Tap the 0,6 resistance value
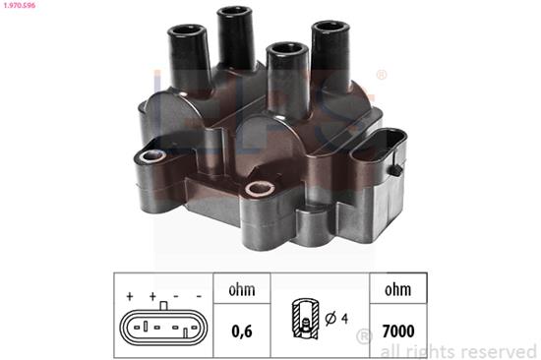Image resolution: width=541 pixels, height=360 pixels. (242, 331)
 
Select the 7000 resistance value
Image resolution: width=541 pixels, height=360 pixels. (398, 331)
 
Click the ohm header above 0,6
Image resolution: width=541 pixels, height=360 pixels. (242, 289)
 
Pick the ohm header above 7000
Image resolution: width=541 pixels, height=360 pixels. (397, 289)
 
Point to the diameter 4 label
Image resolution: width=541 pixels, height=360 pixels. (336, 319)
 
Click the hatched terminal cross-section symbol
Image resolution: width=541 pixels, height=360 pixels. (305, 318)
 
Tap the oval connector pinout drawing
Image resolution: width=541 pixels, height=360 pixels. (163, 327)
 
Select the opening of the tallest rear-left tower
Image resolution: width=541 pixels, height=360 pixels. (234, 13)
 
